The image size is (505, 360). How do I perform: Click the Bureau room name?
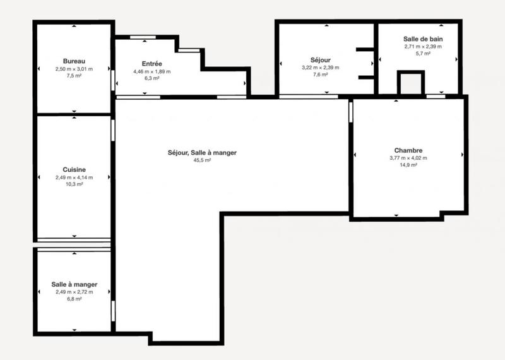74,61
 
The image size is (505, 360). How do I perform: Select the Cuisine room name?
74,169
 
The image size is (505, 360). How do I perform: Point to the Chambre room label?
408,150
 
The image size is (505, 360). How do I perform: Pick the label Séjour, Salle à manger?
198,153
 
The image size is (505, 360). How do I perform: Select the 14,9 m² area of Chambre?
408,165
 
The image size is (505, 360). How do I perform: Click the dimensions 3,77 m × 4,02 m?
408,158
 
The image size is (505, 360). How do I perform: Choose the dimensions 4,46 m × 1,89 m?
151,72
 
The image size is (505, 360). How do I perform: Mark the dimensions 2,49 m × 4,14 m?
74,177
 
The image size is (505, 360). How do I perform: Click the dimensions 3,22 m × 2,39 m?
321,68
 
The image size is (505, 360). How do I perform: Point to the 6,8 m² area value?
74,299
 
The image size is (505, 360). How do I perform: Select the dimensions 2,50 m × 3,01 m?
74,68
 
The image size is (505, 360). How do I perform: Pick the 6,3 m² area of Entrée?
151,79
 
